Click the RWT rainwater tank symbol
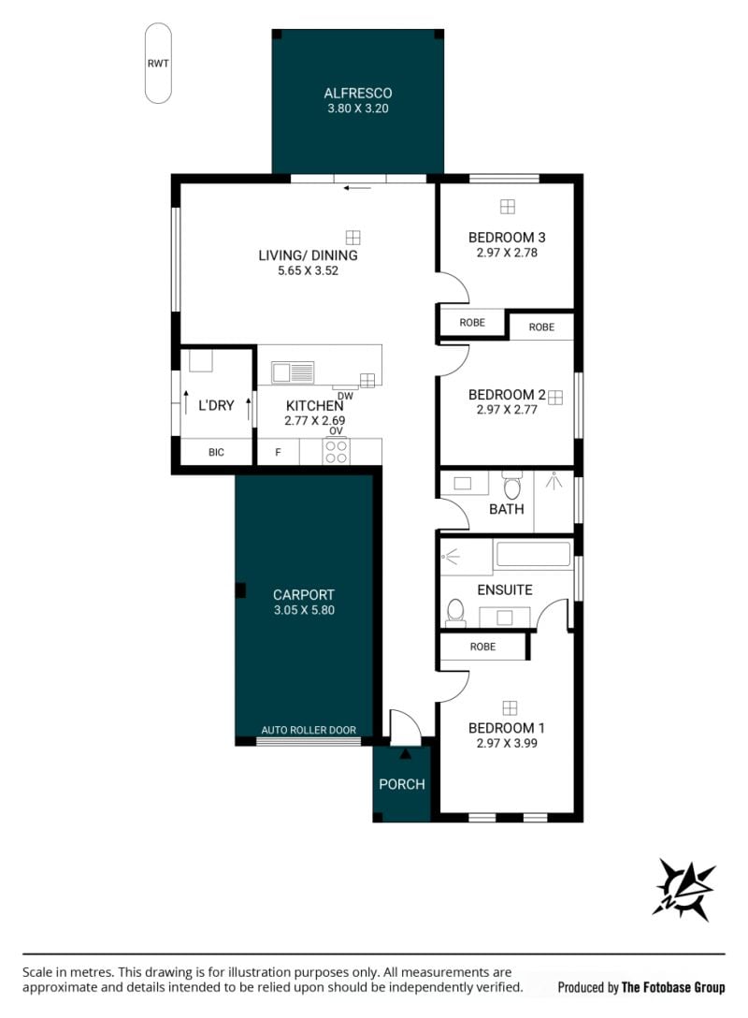(x=158, y=64)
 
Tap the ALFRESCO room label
(x=357, y=93)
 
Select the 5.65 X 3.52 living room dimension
(x=309, y=270)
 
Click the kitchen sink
(x=293, y=372)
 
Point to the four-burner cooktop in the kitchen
(x=336, y=452)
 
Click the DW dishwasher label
(x=345, y=396)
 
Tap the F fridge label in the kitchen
(x=278, y=453)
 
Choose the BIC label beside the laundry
(x=216, y=452)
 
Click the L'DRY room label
(x=216, y=405)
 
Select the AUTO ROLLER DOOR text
(x=309, y=730)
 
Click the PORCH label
(x=401, y=784)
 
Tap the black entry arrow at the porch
(x=406, y=754)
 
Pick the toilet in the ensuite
(x=455, y=612)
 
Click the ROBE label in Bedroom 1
(x=482, y=647)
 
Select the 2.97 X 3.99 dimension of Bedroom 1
(x=507, y=743)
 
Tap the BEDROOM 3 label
(x=507, y=238)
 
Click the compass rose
(x=684, y=888)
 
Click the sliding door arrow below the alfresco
(x=357, y=188)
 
